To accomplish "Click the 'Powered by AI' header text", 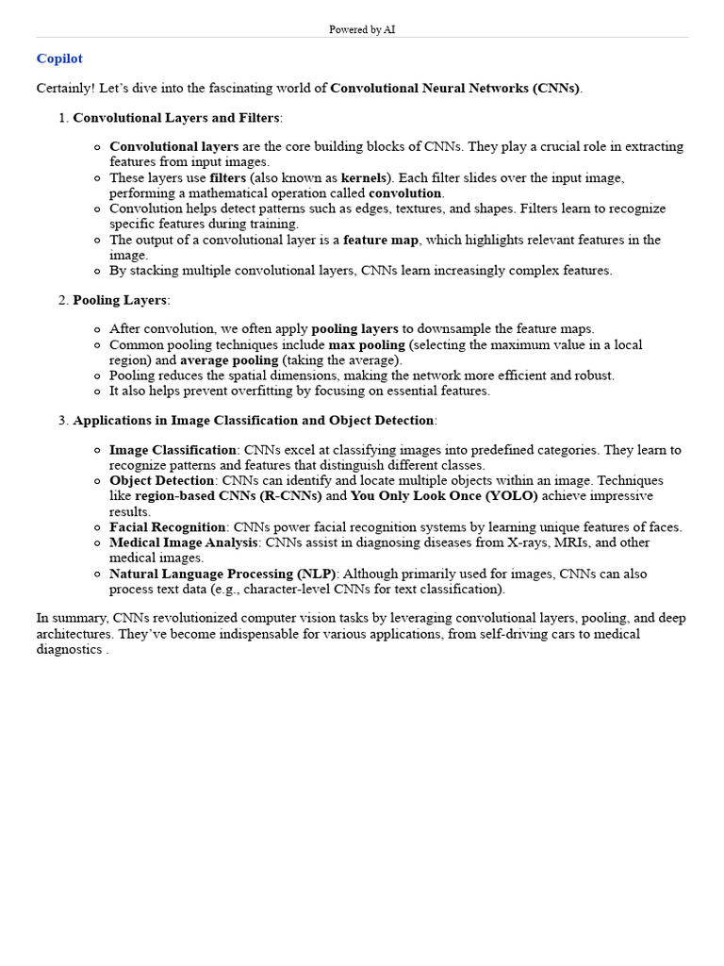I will pos(362,30).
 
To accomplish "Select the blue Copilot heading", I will pos(59,58).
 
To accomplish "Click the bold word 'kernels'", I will pos(364,178).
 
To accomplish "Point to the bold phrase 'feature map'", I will pos(381,241).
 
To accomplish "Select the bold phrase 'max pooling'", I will pos(367,345).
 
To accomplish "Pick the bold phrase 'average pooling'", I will pos(229,360).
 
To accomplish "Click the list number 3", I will pos(63,420).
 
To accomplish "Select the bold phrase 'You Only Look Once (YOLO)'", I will pos(444,496).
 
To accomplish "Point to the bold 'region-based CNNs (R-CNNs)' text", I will pos(228,496).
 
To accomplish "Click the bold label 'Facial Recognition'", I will pos(168,527).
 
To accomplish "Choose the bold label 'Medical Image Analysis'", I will pos(184,542).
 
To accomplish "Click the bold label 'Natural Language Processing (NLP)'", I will pos(223,574).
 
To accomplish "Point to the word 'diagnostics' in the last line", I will pos(69,649).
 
